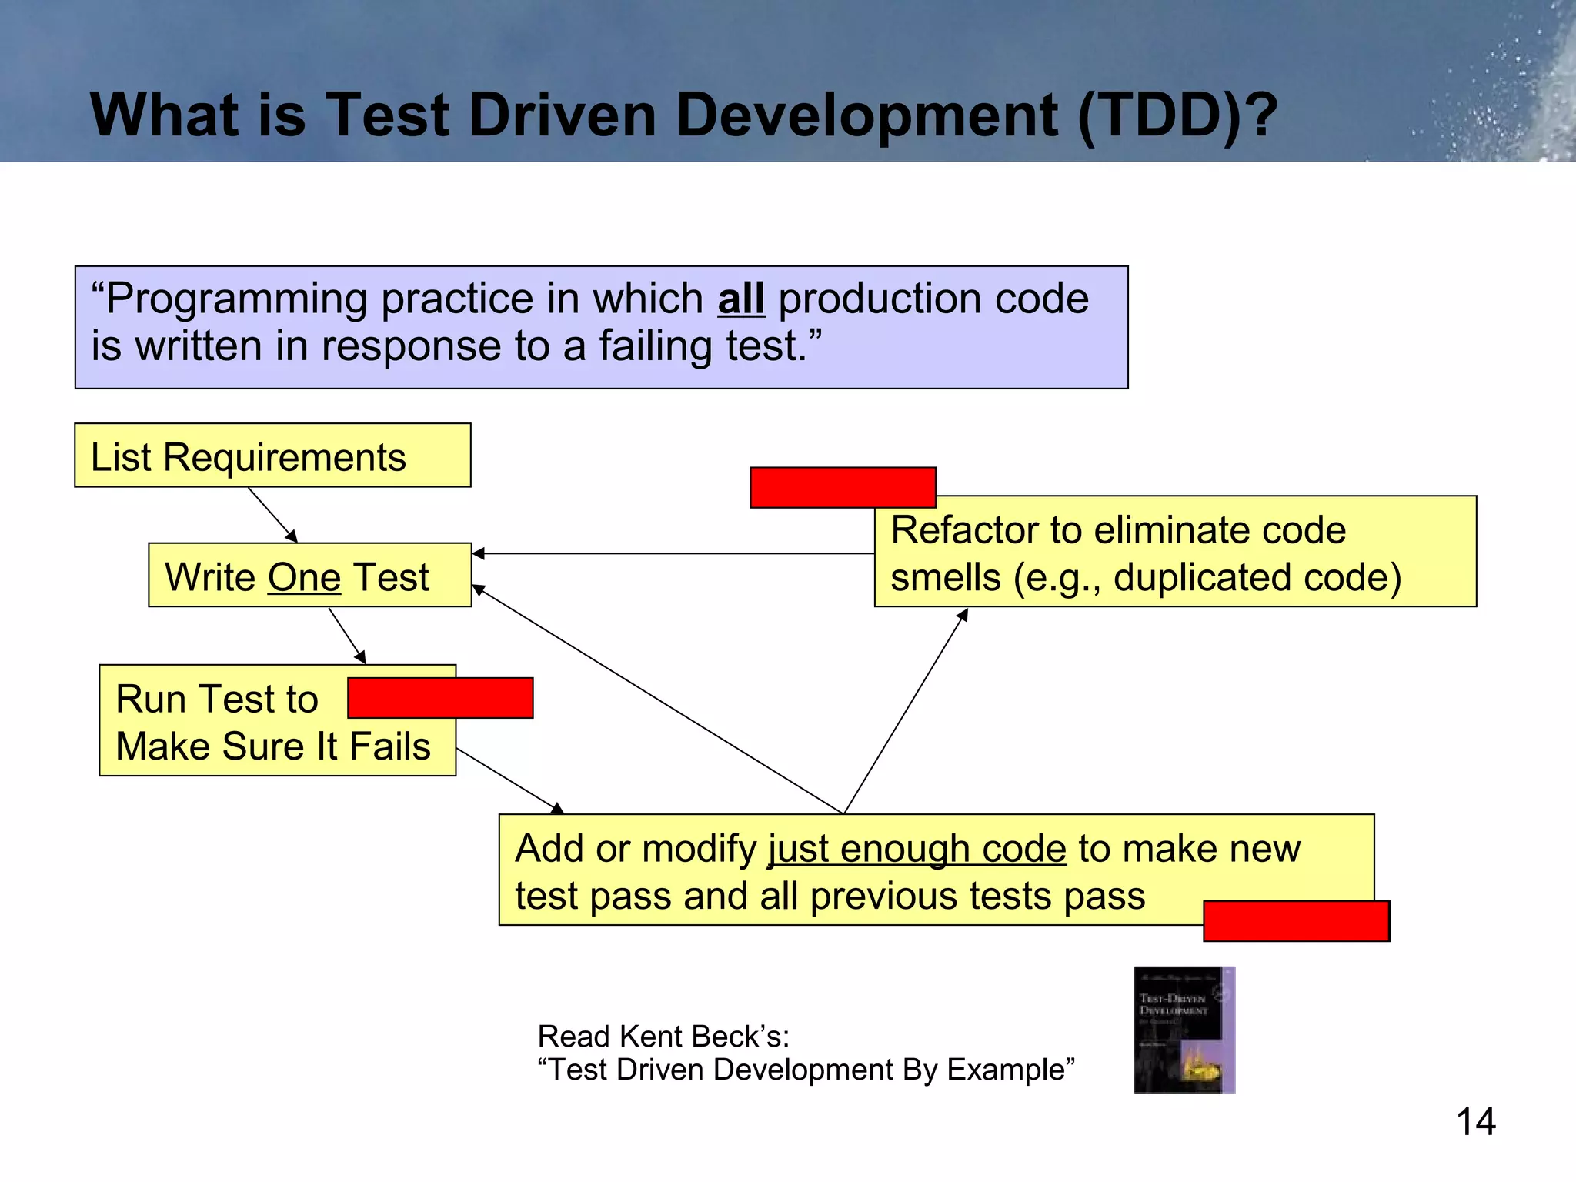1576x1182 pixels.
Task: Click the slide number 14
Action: [x=1475, y=1121]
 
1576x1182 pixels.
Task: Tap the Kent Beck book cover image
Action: [x=1184, y=1030]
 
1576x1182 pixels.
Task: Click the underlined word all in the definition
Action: [x=741, y=299]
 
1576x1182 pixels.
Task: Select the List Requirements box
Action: [x=272, y=456]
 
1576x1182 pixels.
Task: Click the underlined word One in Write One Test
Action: [x=304, y=577]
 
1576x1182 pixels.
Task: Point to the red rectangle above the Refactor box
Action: [x=843, y=487]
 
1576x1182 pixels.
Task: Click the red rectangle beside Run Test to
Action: [x=440, y=698]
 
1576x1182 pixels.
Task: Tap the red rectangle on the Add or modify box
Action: [x=1296, y=920]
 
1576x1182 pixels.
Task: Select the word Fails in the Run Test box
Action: [x=389, y=746]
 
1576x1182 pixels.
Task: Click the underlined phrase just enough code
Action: [x=917, y=849]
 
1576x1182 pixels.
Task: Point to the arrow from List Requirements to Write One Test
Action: [x=272, y=515]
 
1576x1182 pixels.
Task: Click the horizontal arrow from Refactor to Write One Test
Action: [x=673, y=553]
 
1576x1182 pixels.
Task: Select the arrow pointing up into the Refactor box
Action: [x=906, y=710]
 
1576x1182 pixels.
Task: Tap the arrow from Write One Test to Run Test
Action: [x=346, y=635]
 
